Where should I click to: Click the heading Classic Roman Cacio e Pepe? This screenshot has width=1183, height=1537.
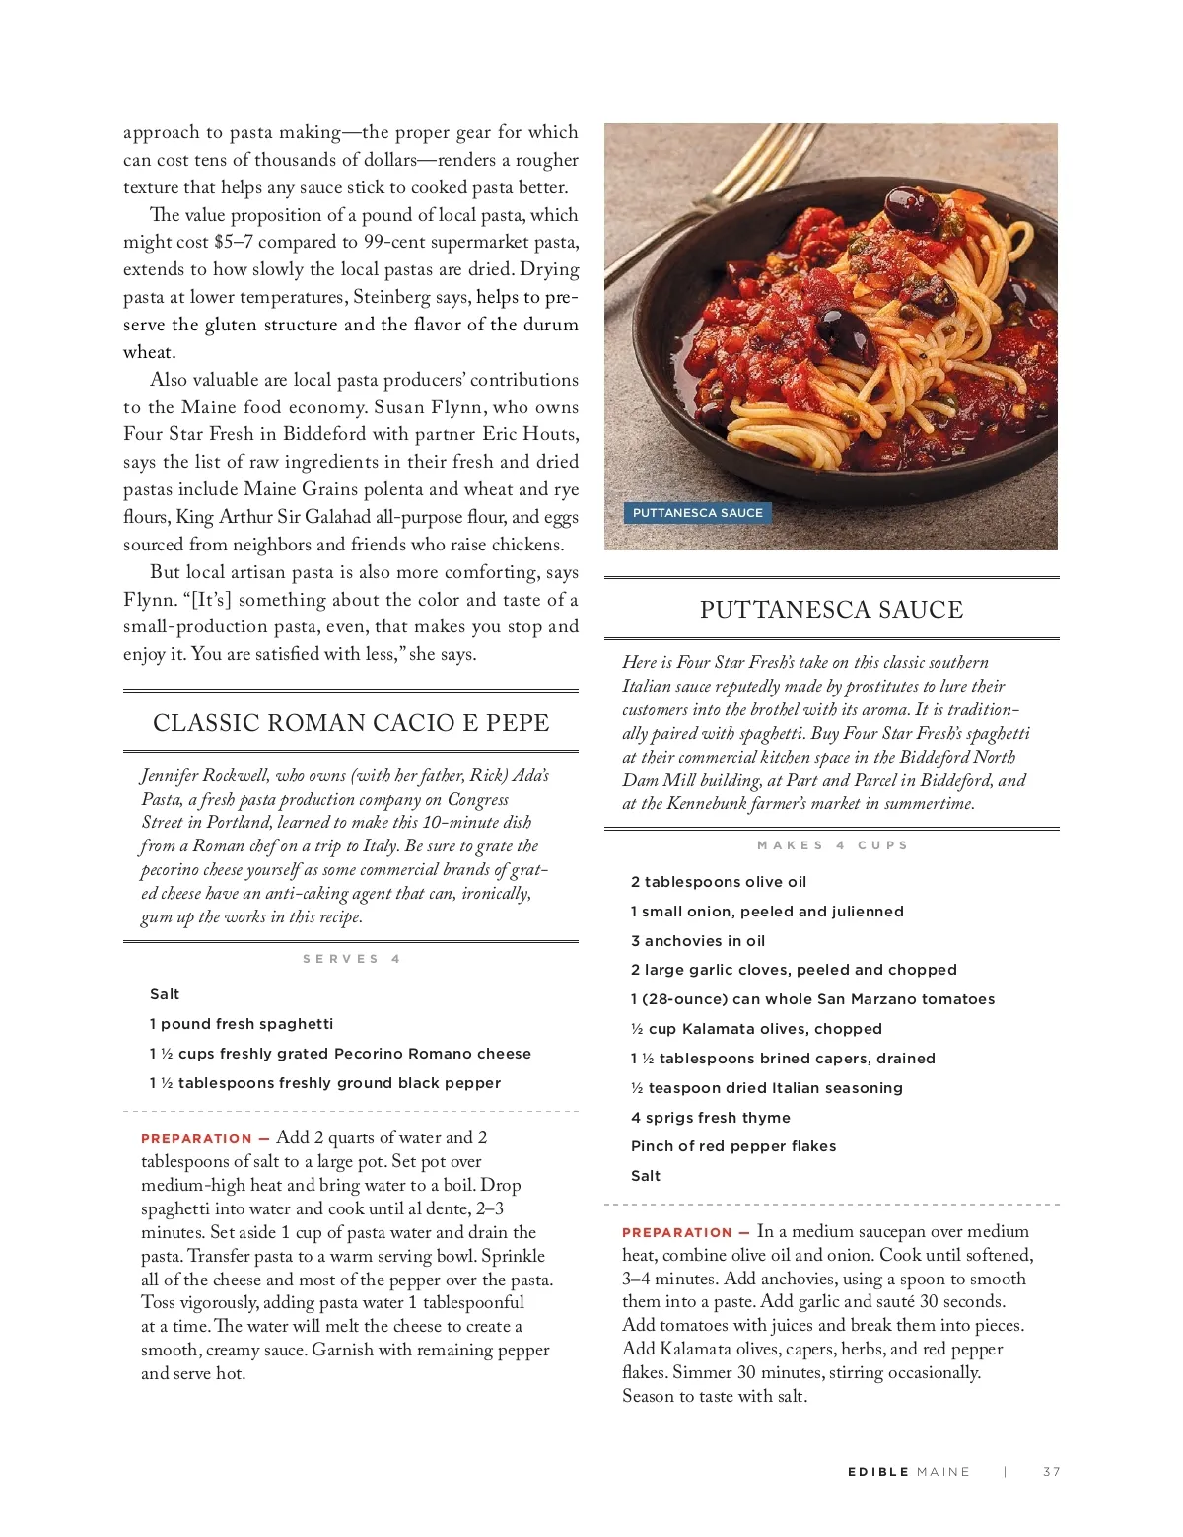click(351, 723)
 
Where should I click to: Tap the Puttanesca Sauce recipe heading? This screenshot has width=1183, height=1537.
click(831, 610)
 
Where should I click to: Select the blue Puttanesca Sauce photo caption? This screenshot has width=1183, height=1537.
click(697, 513)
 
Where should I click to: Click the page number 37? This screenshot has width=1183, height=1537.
click(1052, 1472)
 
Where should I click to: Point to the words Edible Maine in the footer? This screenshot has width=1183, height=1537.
click(908, 1472)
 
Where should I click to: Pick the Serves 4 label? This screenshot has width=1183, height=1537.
click(351, 959)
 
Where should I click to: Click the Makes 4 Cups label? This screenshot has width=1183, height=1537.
click(832, 845)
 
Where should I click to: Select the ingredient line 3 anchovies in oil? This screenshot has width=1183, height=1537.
click(697, 941)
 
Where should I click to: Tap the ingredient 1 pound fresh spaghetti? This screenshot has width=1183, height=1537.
click(241, 1024)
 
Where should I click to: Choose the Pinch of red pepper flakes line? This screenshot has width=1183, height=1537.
click(732, 1146)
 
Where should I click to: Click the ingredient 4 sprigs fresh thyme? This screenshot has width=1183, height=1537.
click(710, 1118)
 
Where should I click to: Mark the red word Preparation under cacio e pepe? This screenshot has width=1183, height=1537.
click(196, 1138)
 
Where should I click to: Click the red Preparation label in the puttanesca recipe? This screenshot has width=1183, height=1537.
click(676, 1233)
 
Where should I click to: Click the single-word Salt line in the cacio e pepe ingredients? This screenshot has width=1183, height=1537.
click(165, 994)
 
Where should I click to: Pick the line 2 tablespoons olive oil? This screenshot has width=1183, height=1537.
click(718, 882)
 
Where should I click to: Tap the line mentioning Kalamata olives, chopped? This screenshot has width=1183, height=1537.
click(756, 1029)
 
